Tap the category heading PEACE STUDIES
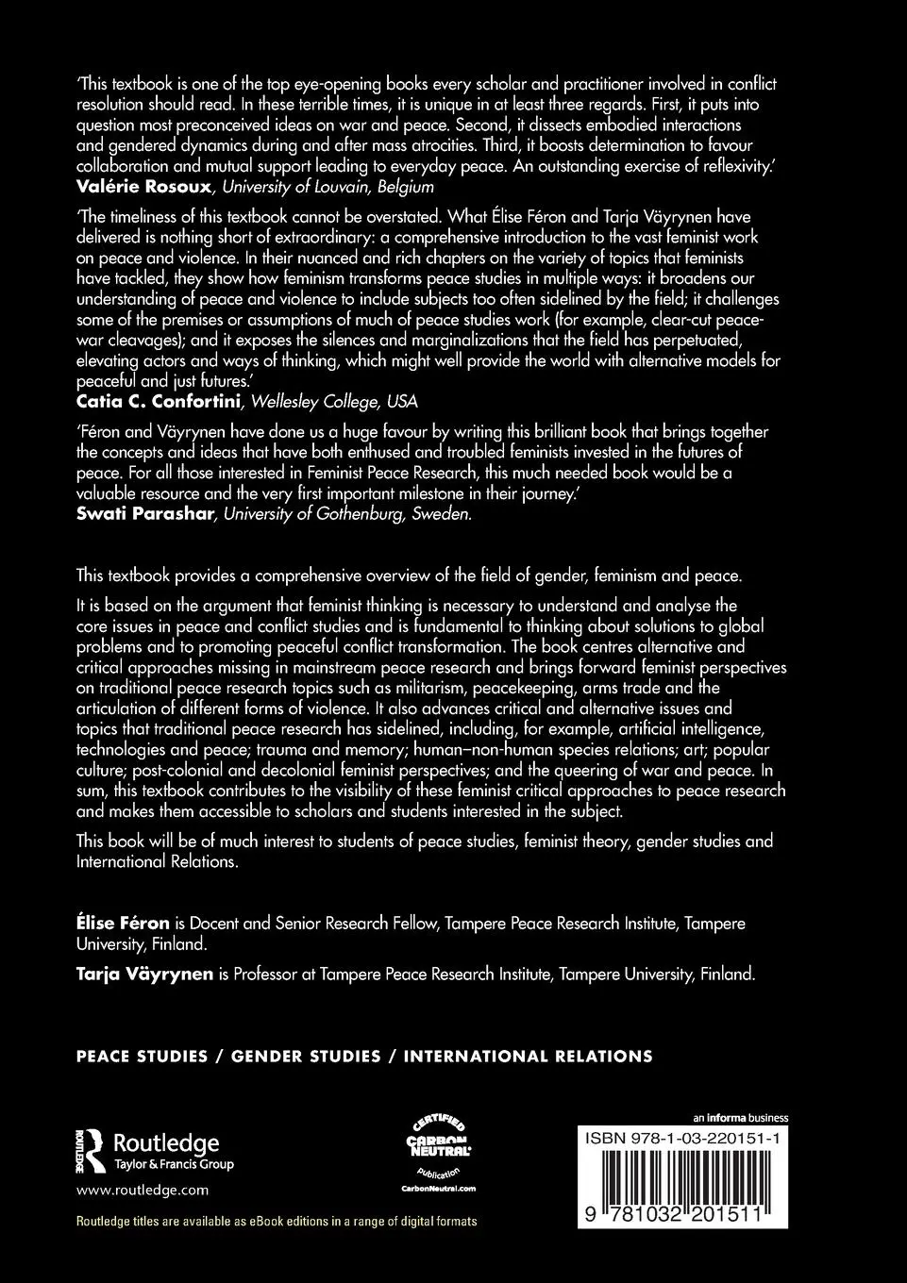point(142,1057)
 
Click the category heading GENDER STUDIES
point(306,1057)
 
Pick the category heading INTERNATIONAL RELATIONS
point(528,1057)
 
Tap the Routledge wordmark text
point(166,1142)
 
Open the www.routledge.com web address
point(142,1191)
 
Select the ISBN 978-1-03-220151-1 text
point(682,1140)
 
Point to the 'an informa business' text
point(740,1118)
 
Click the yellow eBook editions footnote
point(276,1222)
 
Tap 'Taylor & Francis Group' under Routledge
point(174,1165)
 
